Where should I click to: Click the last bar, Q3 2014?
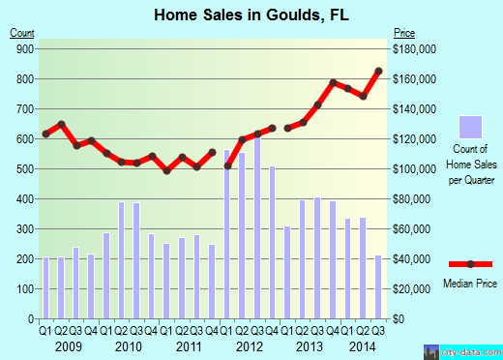click(x=379, y=286)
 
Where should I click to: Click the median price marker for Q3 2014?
click(x=379, y=72)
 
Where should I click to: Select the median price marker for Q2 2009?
click(x=61, y=124)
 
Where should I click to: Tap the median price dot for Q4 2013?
click(x=333, y=83)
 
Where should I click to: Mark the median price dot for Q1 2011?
click(x=167, y=170)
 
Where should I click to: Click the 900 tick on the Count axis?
click(x=24, y=48)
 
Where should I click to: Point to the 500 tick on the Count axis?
click(x=24, y=169)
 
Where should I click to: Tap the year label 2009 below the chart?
click(x=69, y=345)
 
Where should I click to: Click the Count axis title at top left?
click(x=22, y=33)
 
